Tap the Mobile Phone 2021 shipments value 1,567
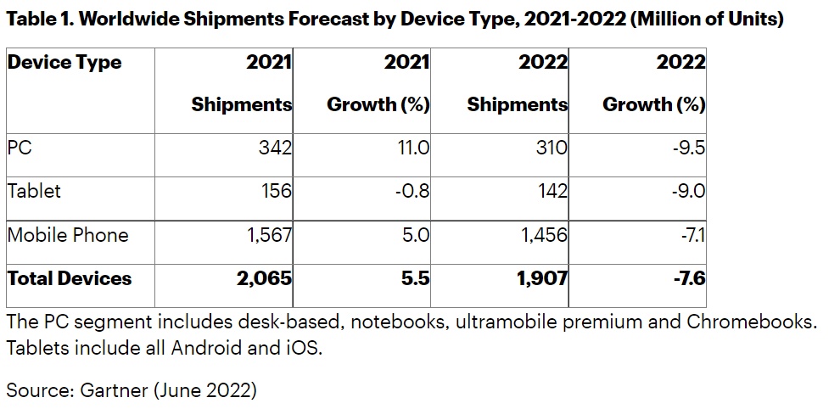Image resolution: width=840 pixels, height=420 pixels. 269,235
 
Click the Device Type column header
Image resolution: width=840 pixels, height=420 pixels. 64,63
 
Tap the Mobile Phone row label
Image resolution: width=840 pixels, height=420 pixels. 68,235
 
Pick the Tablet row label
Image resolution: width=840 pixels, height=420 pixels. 34,191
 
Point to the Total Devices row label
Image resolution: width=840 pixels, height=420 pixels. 70,278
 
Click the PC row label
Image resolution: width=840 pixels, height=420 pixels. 20,148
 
